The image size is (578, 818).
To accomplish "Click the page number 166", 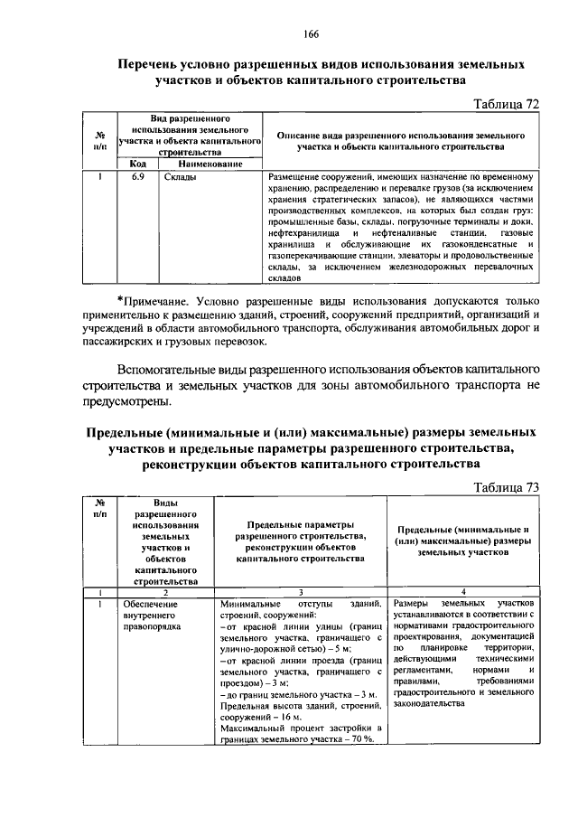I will point(312,34).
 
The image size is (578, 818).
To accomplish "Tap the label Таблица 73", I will point(507,487).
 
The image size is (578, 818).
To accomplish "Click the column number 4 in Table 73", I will point(463,591).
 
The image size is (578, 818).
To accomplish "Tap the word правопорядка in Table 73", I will point(154,625).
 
